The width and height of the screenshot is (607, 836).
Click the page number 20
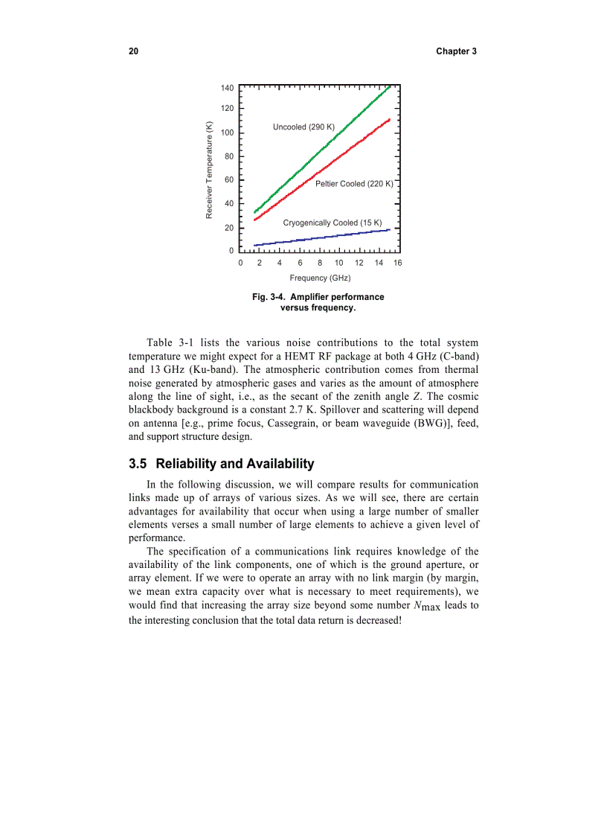pos(133,51)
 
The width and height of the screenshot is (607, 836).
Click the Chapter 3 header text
pos(456,51)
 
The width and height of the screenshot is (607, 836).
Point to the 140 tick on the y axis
pos(228,88)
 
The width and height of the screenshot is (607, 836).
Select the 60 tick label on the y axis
pos(229,180)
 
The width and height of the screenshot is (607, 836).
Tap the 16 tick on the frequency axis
pos(397,263)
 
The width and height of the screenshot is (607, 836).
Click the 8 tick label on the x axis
pos(319,263)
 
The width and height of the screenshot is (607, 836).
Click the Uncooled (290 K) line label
pos(303,127)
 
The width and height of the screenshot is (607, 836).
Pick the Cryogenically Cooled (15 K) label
pos(332,223)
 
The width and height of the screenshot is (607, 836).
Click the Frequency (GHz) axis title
pos(320,278)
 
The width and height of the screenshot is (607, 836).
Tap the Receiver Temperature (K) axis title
pos(210,170)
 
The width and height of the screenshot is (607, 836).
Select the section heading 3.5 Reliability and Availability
pos(221,464)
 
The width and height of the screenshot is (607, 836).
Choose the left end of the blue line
pos(254,246)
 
